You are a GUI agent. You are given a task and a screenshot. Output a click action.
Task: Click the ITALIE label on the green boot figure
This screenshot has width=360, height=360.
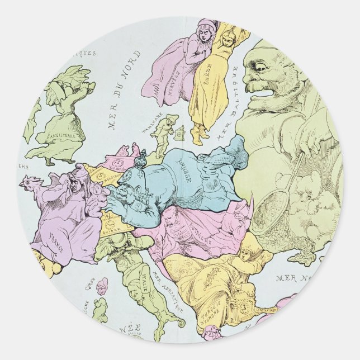click(134, 276)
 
